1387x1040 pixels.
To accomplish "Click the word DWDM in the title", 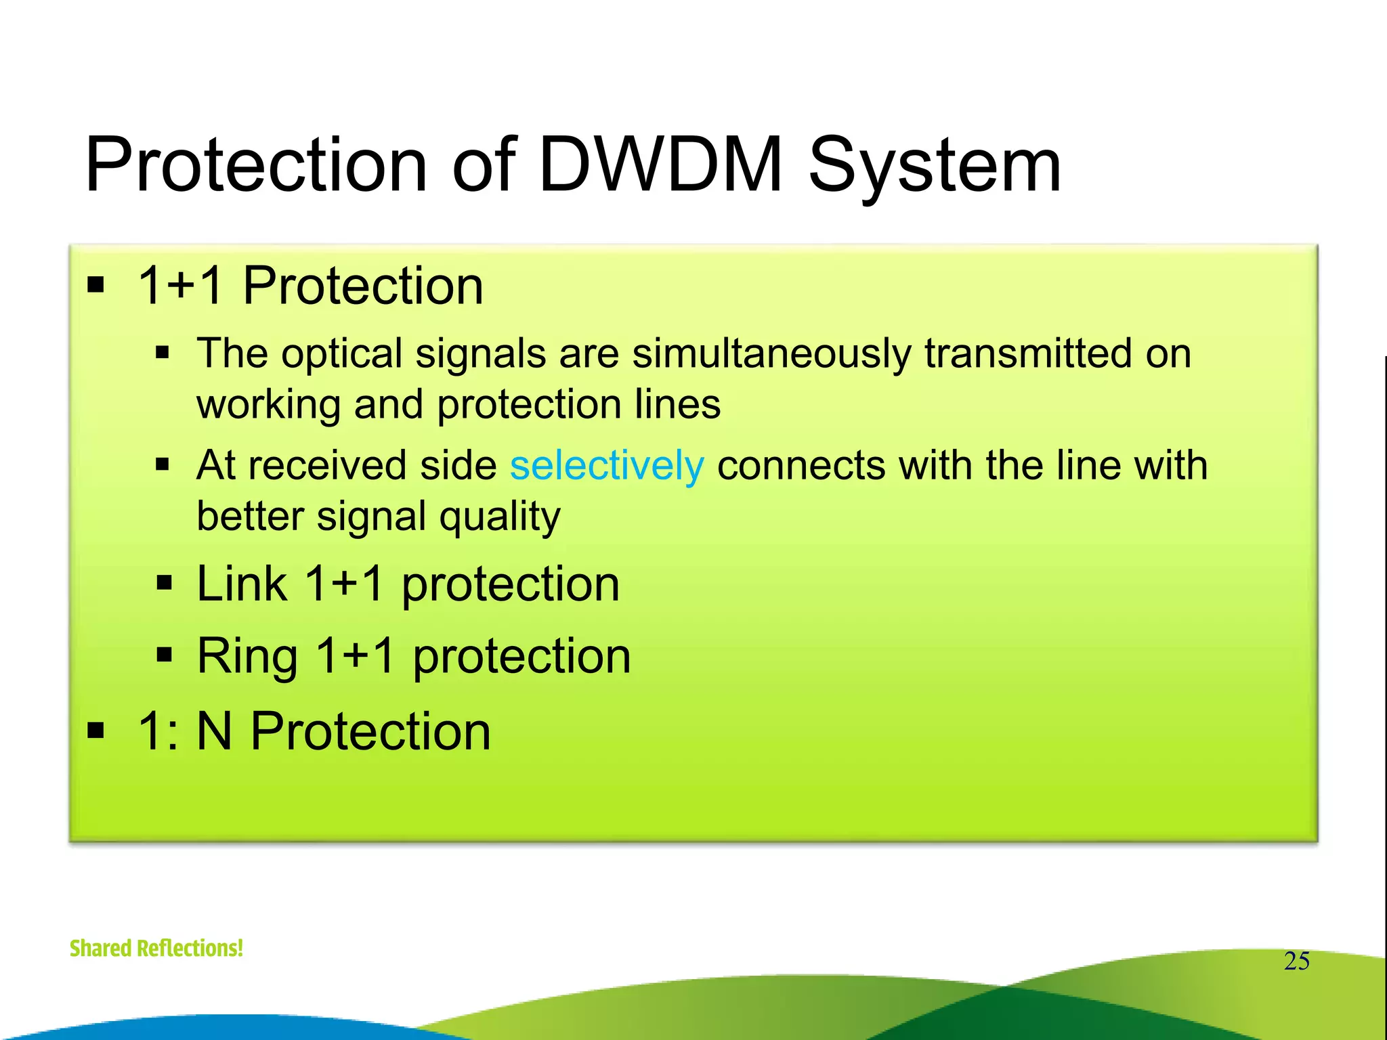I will (x=660, y=165).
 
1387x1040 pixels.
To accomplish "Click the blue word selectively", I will (x=607, y=466).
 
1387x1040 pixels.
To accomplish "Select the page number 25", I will (x=1296, y=961).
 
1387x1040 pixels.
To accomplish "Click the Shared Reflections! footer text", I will (x=156, y=948).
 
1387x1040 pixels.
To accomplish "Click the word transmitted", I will (x=1029, y=353).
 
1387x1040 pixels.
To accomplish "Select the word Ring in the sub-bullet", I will (x=247, y=657).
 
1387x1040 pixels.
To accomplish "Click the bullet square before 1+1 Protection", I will (x=96, y=285).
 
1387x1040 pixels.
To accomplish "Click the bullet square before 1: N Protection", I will (x=96, y=731).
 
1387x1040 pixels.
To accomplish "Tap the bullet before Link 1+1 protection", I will (x=164, y=582).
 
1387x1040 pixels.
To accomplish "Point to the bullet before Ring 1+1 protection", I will (x=164, y=655).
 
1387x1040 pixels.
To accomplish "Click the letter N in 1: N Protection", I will (x=214, y=731).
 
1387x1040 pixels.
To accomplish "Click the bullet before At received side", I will (x=162, y=464).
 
